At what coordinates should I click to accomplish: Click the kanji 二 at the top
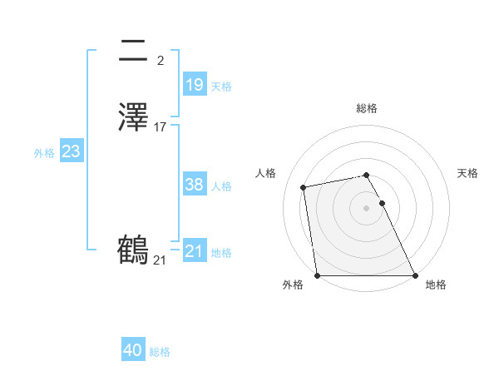[x=134, y=52]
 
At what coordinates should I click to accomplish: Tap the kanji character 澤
[x=134, y=116]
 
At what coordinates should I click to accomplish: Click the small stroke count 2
[x=160, y=61]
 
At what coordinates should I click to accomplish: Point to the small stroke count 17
[x=161, y=127]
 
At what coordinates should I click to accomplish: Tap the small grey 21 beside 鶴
[x=160, y=260]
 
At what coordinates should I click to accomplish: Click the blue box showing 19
[x=194, y=85]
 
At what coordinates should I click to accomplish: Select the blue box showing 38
[x=194, y=185]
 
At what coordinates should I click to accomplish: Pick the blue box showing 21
[x=194, y=251]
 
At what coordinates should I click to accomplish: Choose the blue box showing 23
[x=71, y=151]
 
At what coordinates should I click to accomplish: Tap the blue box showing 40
[x=133, y=350]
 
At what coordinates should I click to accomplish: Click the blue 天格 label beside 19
[x=221, y=87]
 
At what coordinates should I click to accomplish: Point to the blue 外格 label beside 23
[x=44, y=153]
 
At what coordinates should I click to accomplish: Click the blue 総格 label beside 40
[x=160, y=352]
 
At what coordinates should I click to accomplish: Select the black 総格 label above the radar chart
[x=366, y=108]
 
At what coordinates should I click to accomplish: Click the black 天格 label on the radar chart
[x=467, y=173]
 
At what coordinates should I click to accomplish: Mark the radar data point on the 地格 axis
[x=415, y=275]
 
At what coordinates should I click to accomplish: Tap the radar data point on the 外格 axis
[x=317, y=275]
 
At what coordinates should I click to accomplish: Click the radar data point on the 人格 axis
[x=304, y=187]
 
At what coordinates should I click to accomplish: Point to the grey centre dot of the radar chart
[x=366, y=207]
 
